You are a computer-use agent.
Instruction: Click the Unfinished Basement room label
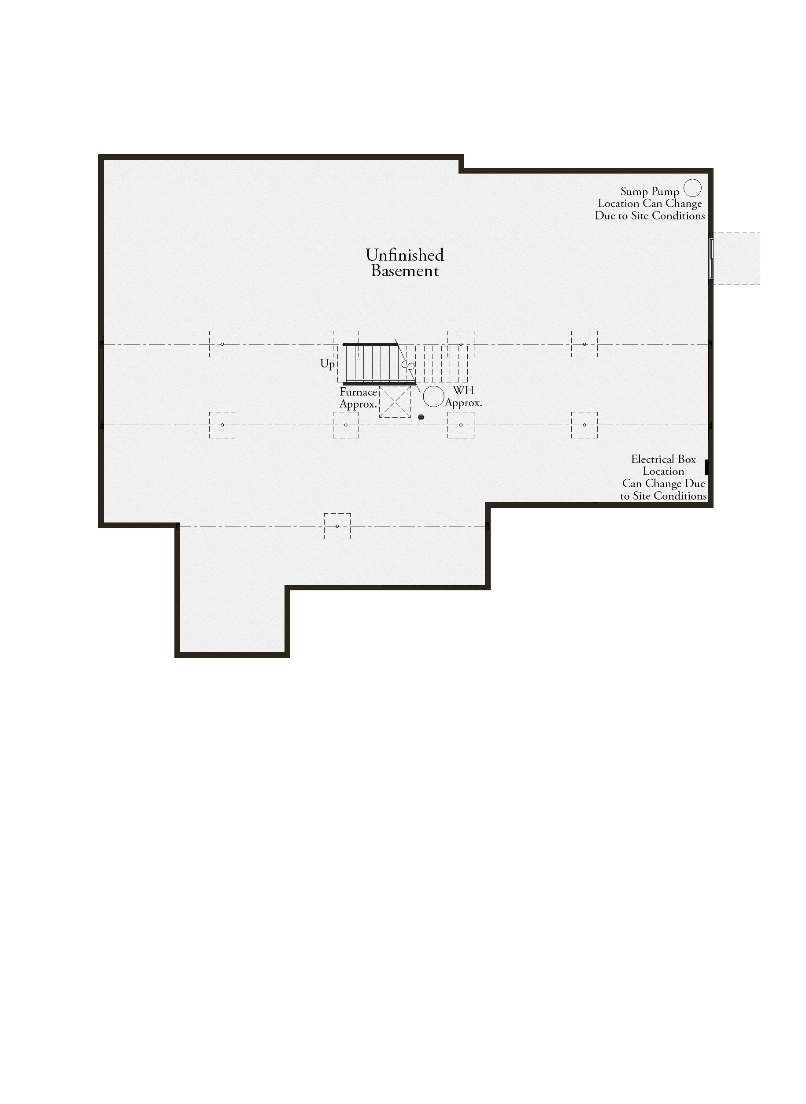(x=405, y=263)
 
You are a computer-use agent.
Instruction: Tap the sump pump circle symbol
(x=692, y=188)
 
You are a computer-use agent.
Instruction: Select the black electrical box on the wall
(x=706, y=467)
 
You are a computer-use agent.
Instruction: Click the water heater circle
(x=433, y=396)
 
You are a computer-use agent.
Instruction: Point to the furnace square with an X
(x=395, y=402)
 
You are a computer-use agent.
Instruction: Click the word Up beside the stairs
(x=327, y=364)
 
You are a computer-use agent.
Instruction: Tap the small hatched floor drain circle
(x=421, y=417)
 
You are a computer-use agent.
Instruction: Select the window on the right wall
(x=711, y=259)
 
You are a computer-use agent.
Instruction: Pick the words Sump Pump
(x=650, y=192)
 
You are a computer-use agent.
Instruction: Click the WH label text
(x=463, y=390)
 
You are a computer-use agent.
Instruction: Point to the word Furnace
(x=359, y=392)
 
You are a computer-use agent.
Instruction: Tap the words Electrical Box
(x=664, y=459)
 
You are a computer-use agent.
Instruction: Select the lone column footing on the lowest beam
(x=337, y=526)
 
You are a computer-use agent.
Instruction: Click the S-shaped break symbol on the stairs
(x=408, y=365)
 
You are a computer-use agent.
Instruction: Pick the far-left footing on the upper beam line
(x=222, y=344)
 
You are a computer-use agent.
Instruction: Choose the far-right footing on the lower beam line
(x=584, y=425)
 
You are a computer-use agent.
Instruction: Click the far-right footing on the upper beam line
(x=584, y=344)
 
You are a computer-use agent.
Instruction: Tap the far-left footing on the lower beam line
(x=222, y=425)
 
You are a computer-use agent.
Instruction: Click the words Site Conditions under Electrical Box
(x=670, y=496)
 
